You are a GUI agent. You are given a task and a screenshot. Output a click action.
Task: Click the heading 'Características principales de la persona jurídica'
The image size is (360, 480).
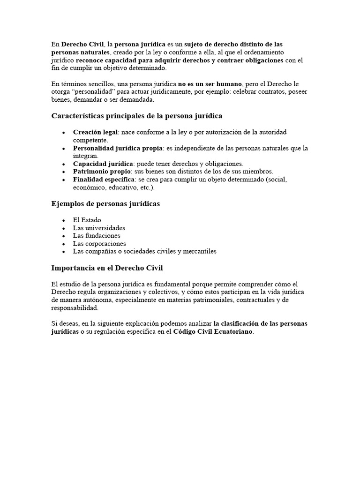tap(136, 116)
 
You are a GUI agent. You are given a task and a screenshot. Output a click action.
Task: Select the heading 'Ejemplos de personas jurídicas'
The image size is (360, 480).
tap(105, 204)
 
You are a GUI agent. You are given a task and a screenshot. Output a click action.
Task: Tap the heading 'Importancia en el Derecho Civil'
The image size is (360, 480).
tap(107, 268)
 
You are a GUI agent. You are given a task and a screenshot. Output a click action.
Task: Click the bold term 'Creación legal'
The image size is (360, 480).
tap(95, 132)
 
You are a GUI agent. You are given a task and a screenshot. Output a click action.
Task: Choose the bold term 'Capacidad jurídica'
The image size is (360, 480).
tap(103, 164)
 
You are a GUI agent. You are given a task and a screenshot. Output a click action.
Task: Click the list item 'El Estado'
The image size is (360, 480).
tap(87, 220)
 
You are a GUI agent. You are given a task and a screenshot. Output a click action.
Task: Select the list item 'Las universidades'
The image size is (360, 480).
tap(99, 228)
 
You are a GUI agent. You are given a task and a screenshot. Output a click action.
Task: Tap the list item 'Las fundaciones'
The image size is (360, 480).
tap(97, 236)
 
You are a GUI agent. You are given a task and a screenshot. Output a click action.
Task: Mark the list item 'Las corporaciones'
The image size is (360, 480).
tap(99, 244)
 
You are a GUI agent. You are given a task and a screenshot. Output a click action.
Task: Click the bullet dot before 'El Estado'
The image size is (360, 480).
tap(63, 220)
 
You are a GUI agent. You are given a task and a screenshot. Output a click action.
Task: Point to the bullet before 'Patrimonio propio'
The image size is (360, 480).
tap(63, 172)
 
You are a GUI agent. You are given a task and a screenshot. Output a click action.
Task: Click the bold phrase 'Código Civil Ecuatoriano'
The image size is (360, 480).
tap(213, 332)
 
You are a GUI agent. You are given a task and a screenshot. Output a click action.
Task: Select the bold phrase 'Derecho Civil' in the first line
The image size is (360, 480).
tap(82, 44)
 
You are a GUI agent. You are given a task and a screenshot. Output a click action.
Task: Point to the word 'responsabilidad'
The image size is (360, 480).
tap(75, 308)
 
